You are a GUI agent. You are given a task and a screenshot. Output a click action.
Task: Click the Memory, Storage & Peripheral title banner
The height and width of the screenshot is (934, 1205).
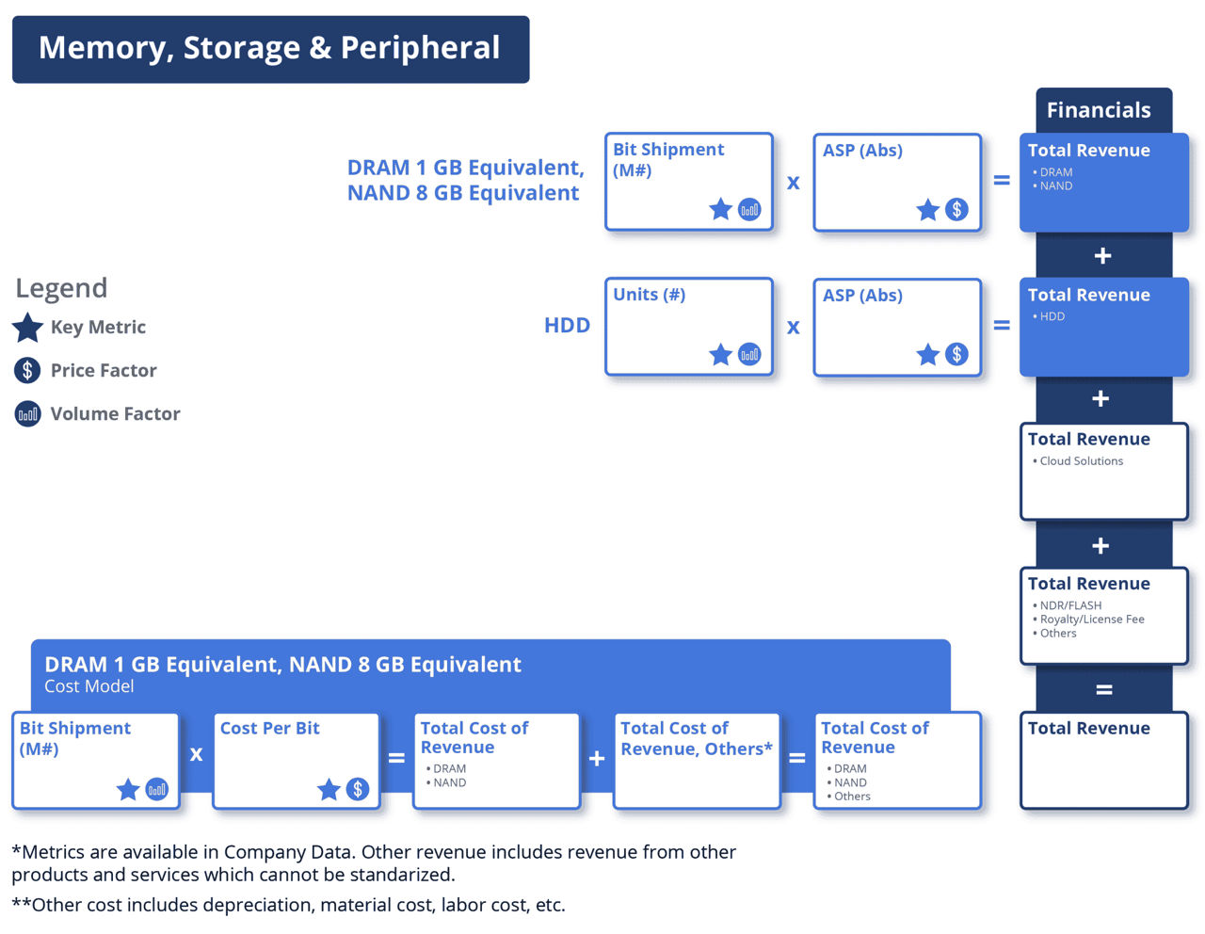point(270,49)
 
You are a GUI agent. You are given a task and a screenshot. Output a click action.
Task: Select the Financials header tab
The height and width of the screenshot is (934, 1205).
point(1099,110)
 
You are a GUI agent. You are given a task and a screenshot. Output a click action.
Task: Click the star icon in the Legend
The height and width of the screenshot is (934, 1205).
point(28,328)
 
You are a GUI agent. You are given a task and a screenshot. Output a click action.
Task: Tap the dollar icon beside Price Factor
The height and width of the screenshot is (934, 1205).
point(28,371)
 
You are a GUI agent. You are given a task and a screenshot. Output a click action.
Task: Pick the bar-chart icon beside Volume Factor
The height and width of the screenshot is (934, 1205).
point(28,414)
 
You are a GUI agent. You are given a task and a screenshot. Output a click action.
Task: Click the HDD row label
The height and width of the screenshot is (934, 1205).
point(567,326)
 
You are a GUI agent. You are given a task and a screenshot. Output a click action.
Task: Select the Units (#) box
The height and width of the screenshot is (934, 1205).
point(689,326)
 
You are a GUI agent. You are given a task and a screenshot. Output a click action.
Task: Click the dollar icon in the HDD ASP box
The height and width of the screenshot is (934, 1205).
point(956,354)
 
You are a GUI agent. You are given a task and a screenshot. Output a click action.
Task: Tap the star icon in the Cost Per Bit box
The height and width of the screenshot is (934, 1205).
point(329,789)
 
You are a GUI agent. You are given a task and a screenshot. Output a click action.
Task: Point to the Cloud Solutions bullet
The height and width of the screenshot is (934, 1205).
point(1081,461)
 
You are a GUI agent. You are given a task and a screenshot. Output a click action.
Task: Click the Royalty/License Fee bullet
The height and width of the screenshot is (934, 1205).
point(1091,620)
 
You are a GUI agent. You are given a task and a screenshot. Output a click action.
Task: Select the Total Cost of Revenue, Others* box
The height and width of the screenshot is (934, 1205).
point(697,760)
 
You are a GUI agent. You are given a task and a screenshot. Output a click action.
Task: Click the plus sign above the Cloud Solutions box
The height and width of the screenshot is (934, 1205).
point(1101,399)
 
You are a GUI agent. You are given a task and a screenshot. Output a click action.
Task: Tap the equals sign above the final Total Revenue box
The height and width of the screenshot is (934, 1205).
point(1103,690)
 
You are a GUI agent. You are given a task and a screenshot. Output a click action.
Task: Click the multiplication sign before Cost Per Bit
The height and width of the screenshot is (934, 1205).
point(196,754)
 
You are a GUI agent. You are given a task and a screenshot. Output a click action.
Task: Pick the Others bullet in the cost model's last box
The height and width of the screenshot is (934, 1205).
point(851,797)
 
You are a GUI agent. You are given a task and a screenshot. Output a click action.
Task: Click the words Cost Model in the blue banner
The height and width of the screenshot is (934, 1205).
point(89,686)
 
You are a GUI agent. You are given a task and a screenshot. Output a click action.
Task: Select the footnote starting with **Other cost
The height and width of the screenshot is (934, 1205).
point(288,906)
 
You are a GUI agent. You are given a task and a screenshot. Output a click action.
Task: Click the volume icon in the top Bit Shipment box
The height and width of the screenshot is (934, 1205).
point(749,209)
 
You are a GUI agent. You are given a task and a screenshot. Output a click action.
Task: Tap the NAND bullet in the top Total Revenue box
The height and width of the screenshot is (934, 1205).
point(1055,186)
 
